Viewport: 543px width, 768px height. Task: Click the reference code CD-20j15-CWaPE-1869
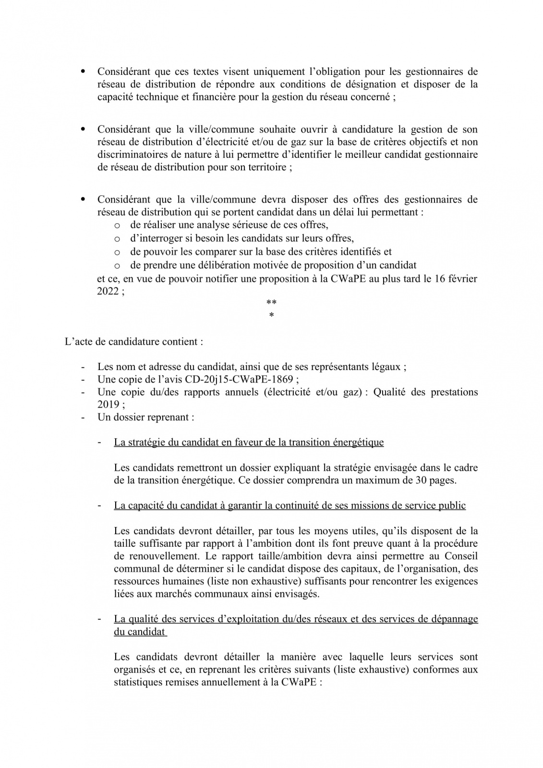coord(248,380)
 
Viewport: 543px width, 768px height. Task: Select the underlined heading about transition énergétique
coord(249,442)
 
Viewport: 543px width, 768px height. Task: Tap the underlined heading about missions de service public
coord(290,505)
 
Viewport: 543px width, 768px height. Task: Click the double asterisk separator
coord(271,303)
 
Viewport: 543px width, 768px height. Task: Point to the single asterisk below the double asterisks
coord(271,316)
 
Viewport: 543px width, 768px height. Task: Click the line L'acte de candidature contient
coord(134,342)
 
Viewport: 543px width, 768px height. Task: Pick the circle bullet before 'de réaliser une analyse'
coord(116,226)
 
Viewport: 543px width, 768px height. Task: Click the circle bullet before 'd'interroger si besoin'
coord(116,239)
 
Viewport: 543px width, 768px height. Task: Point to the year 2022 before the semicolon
coord(108,291)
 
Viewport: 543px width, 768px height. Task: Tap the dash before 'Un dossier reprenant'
coord(83,417)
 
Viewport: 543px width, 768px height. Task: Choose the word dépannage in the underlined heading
coord(456,619)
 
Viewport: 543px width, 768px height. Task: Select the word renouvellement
coord(152,556)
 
